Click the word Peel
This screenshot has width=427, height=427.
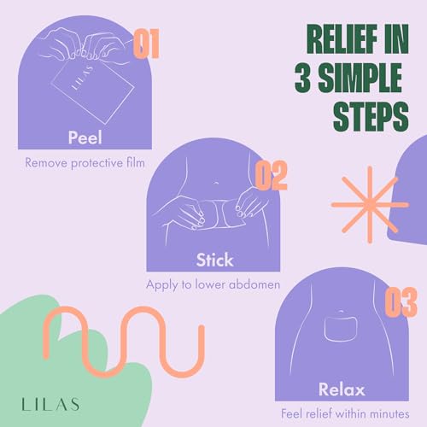pyautogui.click(x=85, y=138)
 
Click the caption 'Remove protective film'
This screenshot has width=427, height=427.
pyautogui.click(x=85, y=161)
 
